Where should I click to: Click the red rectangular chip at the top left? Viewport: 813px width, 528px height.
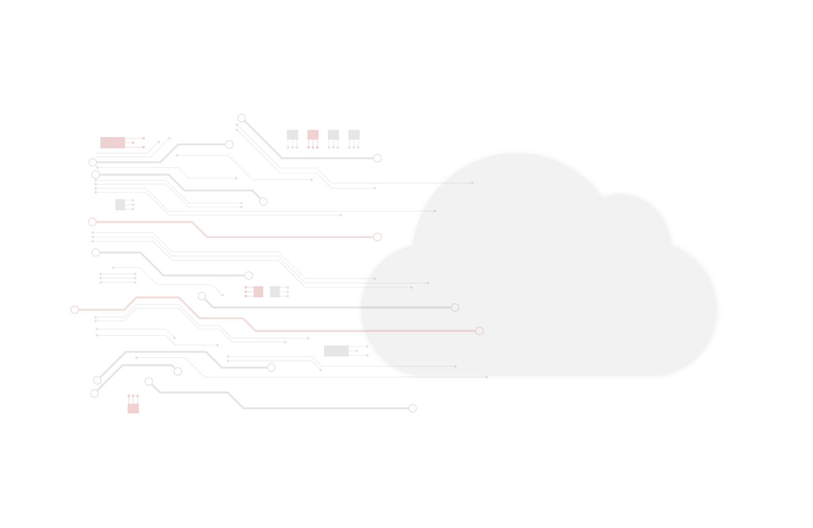point(113,143)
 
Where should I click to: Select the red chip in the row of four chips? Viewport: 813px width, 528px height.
point(313,135)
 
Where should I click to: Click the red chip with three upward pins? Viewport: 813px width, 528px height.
point(133,408)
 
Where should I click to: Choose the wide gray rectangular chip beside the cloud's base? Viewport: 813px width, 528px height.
point(336,351)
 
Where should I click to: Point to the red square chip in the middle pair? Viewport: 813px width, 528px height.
point(258,292)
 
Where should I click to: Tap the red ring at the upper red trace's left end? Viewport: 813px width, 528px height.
point(92,222)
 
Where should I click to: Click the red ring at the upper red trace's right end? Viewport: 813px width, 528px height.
point(377,237)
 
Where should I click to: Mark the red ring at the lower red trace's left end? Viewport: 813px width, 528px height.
point(74,310)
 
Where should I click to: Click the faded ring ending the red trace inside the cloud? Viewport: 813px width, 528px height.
point(479,331)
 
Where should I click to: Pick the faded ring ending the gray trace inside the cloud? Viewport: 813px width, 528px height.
point(455,307)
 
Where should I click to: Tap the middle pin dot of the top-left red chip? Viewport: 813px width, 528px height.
point(133,143)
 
